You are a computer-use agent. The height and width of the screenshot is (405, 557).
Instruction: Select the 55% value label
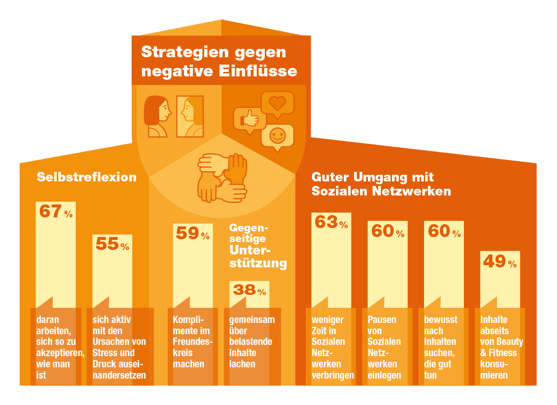coord(112,244)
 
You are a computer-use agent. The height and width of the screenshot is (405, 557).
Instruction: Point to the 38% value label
coord(249,290)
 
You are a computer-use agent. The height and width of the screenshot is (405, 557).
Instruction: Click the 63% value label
coord(331,223)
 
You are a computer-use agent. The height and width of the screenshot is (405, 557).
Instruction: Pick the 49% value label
coord(500,262)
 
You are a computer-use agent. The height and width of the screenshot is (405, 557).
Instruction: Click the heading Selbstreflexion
coord(86,177)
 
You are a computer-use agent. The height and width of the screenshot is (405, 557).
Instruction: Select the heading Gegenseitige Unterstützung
coord(257,245)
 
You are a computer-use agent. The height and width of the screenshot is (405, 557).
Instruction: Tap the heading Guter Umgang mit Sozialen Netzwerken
coord(381,184)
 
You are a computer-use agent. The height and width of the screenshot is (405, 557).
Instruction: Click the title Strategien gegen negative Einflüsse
coord(219,62)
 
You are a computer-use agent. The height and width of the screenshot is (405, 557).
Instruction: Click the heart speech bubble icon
coord(277,104)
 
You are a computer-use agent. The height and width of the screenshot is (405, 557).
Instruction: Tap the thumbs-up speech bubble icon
coord(249,119)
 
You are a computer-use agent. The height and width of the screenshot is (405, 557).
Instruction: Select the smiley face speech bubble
coord(277,136)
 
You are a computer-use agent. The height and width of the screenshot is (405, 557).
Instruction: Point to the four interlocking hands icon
coord(223,178)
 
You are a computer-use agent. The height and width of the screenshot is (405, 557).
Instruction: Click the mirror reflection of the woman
coord(190,116)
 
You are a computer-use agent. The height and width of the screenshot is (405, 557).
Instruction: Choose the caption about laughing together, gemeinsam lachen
coord(252,342)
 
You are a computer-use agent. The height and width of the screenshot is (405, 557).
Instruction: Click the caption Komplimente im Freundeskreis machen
coord(192,342)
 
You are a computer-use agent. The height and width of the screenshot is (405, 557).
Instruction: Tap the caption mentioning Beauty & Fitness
coord(501,347)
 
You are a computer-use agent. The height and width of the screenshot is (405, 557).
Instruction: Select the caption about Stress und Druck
coord(119,347)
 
